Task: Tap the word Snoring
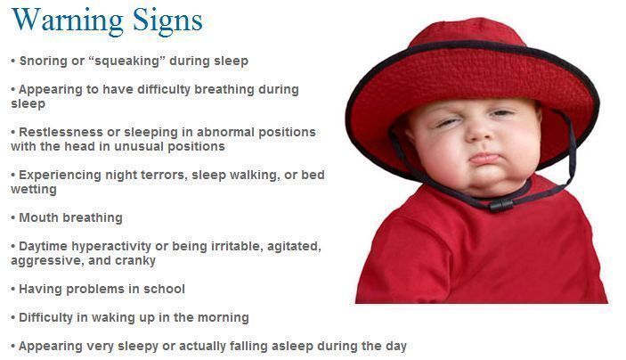point(44,61)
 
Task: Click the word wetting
point(34,190)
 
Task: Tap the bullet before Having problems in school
point(13,290)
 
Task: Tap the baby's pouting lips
point(485,159)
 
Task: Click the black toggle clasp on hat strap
point(501,205)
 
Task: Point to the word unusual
point(138,146)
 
